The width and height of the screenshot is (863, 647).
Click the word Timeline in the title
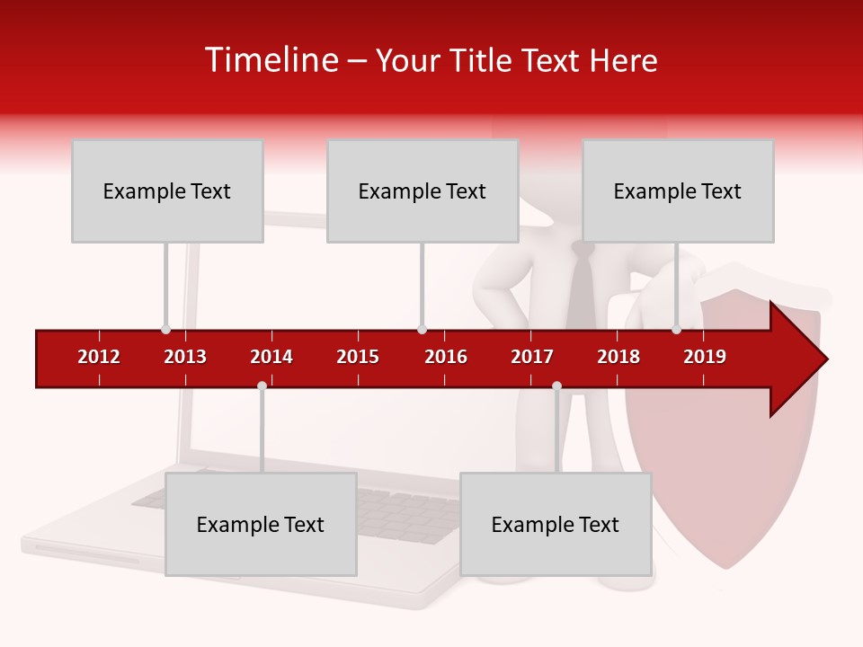tap(271, 60)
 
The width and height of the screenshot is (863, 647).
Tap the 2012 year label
tap(99, 357)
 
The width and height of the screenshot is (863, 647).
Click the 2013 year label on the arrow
tap(185, 357)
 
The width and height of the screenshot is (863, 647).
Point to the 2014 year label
tap(271, 357)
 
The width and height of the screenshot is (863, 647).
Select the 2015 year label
tap(358, 357)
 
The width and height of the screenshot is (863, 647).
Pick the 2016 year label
tap(446, 357)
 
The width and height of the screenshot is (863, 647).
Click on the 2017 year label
tap(532, 357)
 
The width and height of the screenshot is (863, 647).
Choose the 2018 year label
tap(618, 357)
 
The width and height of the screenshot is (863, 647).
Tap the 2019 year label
tap(705, 357)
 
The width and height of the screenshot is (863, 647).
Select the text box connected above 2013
tap(167, 191)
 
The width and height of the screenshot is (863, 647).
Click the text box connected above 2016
tap(423, 191)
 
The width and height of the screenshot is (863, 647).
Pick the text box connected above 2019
tap(678, 191)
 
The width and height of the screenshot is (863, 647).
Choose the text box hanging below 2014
tap(261, 524)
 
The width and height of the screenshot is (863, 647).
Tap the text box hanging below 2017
tap(556, 524)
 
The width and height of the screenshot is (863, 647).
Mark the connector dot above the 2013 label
tap(165, 329)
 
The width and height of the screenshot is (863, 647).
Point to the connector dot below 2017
tap(556, 386)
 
